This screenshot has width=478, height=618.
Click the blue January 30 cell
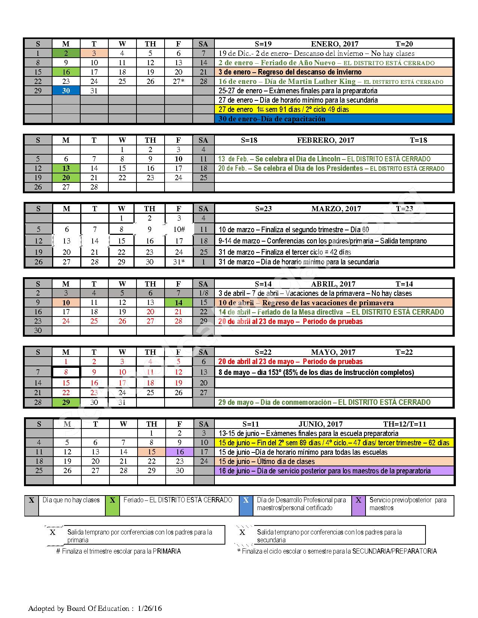(x=66, y=91)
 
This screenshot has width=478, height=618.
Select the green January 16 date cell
(x=66, y=72)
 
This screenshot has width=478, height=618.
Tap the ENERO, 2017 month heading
(x=334, y=44)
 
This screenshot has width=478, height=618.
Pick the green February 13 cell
(x=66, y=168)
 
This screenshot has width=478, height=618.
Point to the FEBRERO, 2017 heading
(x=325, y=140)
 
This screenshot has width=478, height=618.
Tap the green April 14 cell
(x=178, y=303)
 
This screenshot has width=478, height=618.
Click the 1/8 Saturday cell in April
(x=204, y=293)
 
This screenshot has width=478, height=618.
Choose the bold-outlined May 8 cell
(x=66, y=372)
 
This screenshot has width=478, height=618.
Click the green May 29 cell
(x=66, y=402)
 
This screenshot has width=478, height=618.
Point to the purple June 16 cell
(x=180, y=452)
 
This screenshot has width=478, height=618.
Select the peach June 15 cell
(x=151, y=452)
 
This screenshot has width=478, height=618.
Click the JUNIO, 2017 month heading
(x=321, y=424)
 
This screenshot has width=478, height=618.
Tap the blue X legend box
(x=246, y=505)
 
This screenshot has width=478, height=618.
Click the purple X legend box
(x=358, y=505)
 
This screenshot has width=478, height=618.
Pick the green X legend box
(x=112, y=505)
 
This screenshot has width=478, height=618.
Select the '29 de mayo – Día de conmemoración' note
(x=324, y=402)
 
